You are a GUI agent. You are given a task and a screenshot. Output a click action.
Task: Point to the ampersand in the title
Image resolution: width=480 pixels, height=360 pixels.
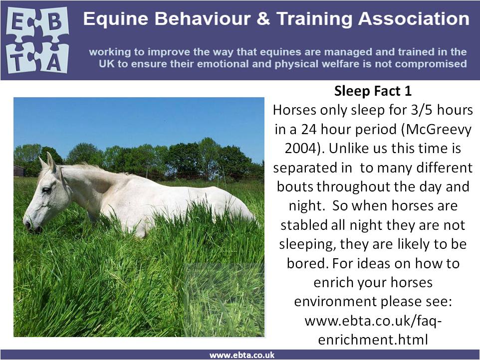[x=263, y=18]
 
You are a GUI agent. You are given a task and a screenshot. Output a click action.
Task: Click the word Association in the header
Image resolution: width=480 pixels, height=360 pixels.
[x=414, y=18]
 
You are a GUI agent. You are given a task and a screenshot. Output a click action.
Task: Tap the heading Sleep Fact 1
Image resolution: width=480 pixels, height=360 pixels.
[x=373, y=91]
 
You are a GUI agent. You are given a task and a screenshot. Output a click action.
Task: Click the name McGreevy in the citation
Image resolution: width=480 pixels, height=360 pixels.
[x=436, y=130]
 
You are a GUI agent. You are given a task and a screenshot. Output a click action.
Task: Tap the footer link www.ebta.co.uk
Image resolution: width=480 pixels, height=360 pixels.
[x=242, y=355]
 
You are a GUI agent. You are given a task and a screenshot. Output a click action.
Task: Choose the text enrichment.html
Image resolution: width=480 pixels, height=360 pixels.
[x=373, y=340]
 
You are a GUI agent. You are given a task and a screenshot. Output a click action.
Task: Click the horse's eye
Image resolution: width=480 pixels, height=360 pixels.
[x=46, y=190]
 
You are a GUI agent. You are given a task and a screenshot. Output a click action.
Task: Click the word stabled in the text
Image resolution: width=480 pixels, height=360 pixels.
[x=304, y=225]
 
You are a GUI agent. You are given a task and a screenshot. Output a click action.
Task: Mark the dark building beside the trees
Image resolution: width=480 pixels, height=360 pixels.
[x=19, y=171]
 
